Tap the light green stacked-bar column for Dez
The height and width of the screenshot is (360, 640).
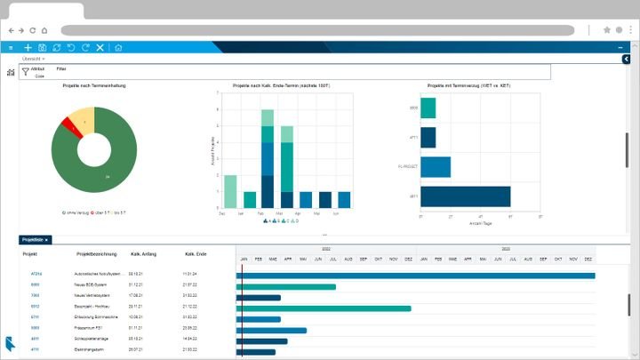click(x=230, y=192)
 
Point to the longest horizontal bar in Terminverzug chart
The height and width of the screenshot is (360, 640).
click(x=465, y=196)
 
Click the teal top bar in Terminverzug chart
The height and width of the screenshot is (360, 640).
click(x=428, y=108)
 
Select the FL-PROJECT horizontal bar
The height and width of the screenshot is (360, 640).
click(x=436, y=167)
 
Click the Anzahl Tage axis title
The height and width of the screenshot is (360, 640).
click(x=480, y=223)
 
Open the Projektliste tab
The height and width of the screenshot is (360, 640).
click(x=34, y=240)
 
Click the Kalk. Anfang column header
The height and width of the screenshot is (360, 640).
click(x=144, y=254)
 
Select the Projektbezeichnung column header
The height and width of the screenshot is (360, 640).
click(x=98, y=254)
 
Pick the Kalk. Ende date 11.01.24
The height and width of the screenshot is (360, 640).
click(x=190, y=275)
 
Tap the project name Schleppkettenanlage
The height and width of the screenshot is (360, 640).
click(x=97, y=339)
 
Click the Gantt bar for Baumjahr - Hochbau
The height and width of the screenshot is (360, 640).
click(x=324, y=308)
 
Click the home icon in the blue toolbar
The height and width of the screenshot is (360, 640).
click(x=118, y=47)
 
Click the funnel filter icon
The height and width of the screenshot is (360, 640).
click(x=25, y=71)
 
